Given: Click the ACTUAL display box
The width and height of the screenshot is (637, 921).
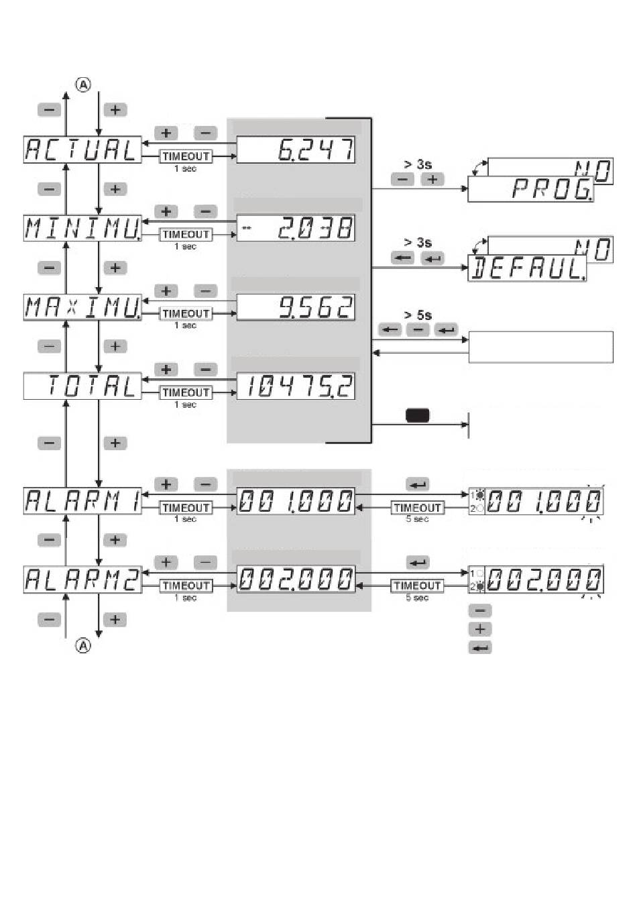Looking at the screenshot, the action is [82, 150].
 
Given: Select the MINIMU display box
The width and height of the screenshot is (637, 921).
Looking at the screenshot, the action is [82, 229].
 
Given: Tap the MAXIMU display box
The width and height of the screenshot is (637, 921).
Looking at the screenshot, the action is [82, 307].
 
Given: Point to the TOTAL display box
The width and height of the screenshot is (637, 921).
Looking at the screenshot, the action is [82, 386].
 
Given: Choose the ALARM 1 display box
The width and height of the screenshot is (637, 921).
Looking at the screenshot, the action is [82, 501].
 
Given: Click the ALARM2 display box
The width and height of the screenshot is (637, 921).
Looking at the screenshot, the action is [82, 580].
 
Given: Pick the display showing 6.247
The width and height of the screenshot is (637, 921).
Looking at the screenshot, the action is [296, 150].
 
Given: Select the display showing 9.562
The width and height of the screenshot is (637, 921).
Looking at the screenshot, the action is [296, 307].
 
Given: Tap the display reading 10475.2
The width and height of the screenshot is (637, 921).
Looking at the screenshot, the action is [296, 386].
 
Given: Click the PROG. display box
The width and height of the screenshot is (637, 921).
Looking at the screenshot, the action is [530, 190].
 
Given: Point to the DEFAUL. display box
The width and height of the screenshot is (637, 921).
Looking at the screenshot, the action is [526, 269].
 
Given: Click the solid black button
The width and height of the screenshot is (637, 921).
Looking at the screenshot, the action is [417, 416].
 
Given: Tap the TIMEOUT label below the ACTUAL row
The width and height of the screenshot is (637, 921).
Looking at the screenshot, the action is [186, 156].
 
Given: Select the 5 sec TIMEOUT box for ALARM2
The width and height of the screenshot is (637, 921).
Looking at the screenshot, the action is [417, 586].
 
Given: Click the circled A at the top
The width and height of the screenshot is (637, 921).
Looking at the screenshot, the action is [82, 85].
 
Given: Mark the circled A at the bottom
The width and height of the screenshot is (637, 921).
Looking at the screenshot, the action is [82, 645].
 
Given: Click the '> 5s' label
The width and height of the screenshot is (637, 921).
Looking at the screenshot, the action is [418, 315].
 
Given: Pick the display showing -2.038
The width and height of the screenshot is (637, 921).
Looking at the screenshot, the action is [296, 229].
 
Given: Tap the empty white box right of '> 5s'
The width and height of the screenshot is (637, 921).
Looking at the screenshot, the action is [540, 347].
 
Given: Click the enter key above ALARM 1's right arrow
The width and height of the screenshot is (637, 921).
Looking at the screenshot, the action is [418, 484].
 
